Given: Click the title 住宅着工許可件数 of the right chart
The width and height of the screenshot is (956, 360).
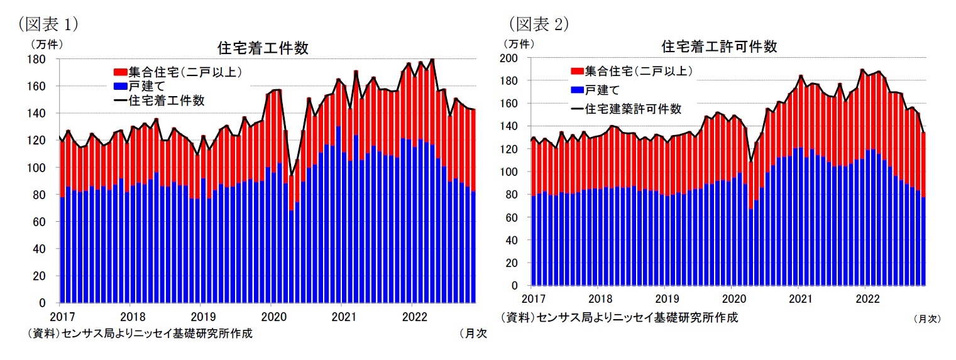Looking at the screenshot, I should [719, 46].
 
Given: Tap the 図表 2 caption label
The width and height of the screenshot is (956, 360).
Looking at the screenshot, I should [538, 24].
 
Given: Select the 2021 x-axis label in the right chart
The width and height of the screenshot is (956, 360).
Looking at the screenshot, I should [798, 297].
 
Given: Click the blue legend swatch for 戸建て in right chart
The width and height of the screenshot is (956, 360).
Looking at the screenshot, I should [576, 90].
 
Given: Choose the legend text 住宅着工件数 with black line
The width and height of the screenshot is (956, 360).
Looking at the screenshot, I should [167, 100].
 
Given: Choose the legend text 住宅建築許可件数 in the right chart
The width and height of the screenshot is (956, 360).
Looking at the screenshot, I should [633, 109].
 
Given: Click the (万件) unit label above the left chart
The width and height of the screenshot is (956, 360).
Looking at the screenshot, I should [47, 45].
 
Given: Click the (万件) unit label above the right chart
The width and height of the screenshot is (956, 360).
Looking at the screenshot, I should [518, 44].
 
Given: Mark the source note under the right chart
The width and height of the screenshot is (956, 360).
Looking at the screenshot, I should [619, 317].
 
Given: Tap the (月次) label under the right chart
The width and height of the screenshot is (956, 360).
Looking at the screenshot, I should [926, 319].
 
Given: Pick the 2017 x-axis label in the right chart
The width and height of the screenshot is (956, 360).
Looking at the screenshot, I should [532, 297].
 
